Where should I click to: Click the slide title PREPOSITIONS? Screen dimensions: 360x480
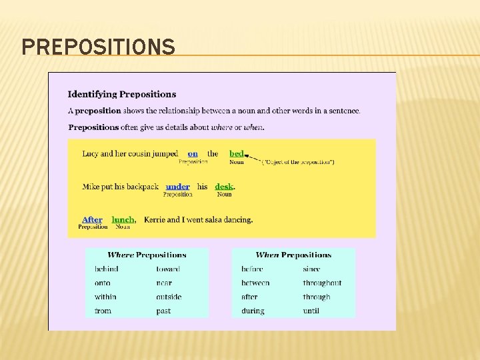pos(99,47)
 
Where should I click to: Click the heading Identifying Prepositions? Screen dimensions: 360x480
pos(122,94)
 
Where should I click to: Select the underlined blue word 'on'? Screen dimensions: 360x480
pos(193,153)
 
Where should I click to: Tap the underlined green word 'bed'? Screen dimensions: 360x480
pos(237,153)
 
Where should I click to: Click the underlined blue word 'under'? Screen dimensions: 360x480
pos(178,187)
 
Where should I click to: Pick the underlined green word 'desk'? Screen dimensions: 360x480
pos(224,187)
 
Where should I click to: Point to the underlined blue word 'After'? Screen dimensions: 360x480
pos(92,219)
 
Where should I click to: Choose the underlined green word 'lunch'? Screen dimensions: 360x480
pos(123,219)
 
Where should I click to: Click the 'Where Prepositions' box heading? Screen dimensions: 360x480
pos(147,255)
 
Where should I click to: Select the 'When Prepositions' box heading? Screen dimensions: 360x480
pos(293,255)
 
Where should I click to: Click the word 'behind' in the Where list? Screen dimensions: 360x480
pos(107,269)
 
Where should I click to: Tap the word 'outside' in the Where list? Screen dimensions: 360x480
pos(169,297)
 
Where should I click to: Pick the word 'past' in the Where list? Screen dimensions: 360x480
pos(163,311)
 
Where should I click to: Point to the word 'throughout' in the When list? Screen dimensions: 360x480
pos(322,283)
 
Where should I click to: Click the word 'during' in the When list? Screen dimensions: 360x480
pos(253,311)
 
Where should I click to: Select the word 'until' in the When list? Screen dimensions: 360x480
pos(311,311)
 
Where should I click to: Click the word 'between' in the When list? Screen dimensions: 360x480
pos(255,283)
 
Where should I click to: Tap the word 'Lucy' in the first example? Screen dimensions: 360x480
pos(90,153)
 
